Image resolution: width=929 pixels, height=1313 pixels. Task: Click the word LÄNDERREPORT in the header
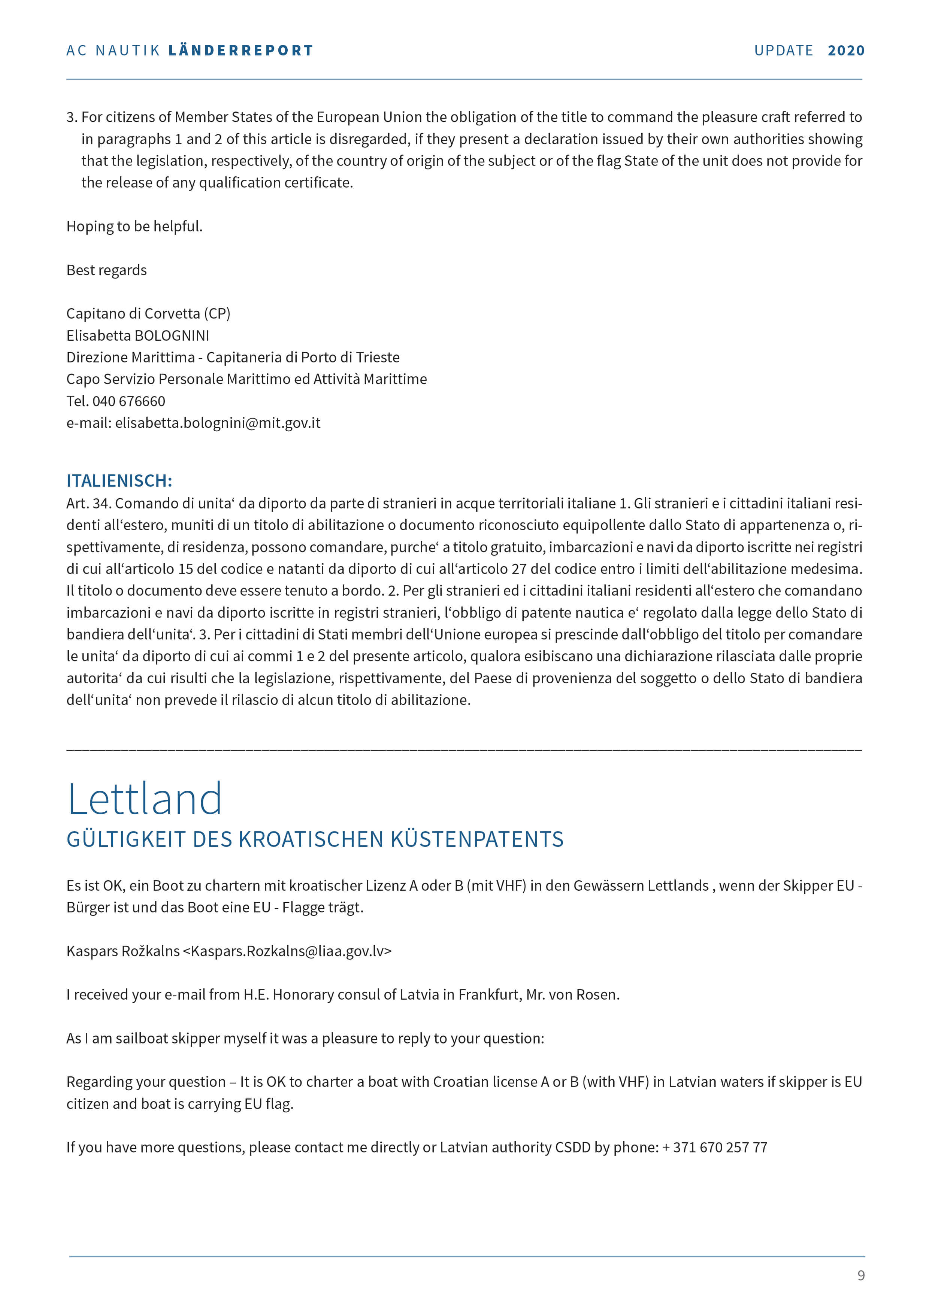point(241,50)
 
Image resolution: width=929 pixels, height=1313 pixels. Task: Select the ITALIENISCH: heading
point(119,480)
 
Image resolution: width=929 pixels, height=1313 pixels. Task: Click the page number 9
point(861,1275)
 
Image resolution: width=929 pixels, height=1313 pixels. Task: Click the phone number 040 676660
point(129,401)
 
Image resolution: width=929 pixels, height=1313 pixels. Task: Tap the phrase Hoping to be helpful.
point(134,227)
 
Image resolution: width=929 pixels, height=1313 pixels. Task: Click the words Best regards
point(106,270)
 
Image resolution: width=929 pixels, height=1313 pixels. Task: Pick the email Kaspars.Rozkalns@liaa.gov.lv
point(291,951)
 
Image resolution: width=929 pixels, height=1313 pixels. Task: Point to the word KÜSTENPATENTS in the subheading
point(477,839)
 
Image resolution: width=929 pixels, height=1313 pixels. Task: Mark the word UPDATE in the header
point(783,50)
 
